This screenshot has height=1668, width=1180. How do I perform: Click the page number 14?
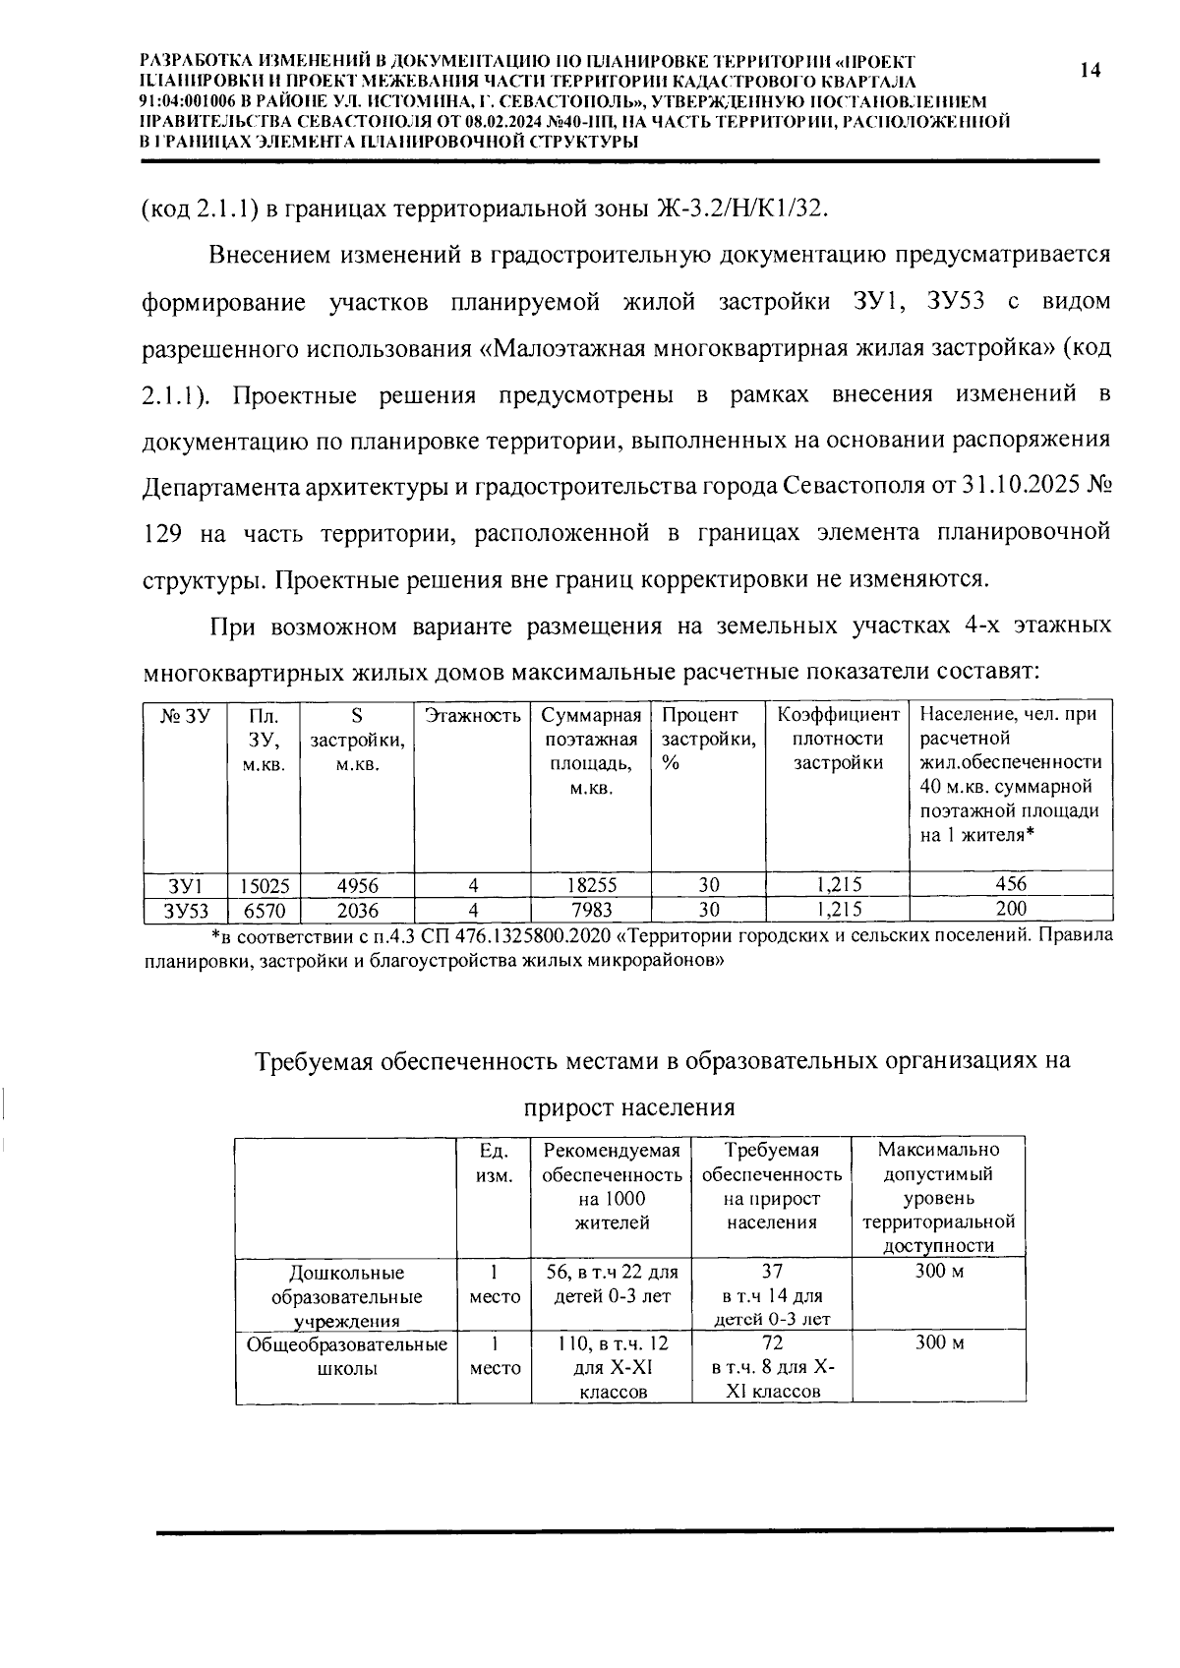point(1090,71)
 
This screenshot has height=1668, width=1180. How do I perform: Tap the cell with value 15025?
point(264,884)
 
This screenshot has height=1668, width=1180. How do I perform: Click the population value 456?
point(1010,883)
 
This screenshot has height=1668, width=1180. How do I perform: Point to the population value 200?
point(1010,908)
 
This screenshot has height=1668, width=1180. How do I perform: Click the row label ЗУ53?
point(185,909)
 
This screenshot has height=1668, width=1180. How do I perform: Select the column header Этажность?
point(472,716)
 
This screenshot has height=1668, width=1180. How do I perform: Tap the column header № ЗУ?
point(185,716)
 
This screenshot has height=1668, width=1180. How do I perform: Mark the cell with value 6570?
point(264,909)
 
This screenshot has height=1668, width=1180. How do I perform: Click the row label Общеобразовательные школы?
point(346,1356)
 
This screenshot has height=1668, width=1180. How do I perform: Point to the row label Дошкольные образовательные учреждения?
point(346,1297)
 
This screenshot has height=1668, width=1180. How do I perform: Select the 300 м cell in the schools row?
point(939,1343)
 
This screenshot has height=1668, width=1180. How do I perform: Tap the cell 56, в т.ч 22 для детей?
point(612,1284)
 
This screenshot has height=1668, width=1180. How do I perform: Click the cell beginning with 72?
point(772,1367)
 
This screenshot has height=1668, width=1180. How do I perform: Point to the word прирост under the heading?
point(573,1108)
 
